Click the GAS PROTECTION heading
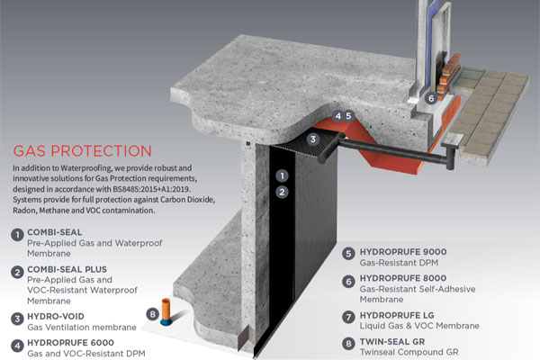(x=82, y=151)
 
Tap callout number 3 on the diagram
(x=312, y=139)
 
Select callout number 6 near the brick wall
(x=431, y=98)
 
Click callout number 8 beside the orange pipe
(x=153, y=314)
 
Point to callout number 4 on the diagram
(x=337, y=116)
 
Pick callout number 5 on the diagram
(x=349, y=116)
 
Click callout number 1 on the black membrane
(x=282, y=176)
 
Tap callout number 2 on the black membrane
(x=282, y=192)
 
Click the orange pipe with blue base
(x=166, y=311)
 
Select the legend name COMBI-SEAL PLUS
(x=67, y=269)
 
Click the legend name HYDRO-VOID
(x=56, y=316)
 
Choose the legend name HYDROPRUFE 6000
(x=70, y=343)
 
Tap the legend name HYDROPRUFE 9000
(x=403, y=252)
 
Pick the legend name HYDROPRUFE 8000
(x=403, y=278)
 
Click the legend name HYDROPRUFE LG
(x=397, y=315)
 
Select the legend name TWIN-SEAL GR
(x=392, y=342)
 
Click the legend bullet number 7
(x=348, y=317)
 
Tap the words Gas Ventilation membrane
(x=82, y=328)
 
